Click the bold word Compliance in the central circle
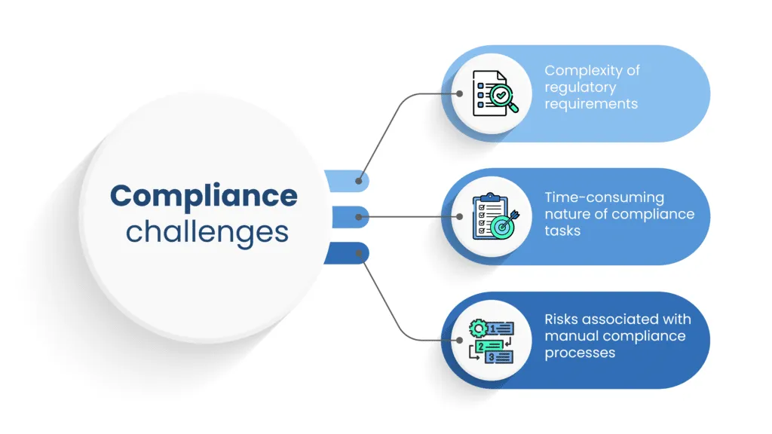point(204,196)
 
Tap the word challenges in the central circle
point(207,231)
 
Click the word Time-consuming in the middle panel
point(605,197)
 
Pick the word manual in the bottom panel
point(572,335)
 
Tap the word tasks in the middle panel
point(562,231)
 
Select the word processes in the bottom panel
point(580,353)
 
